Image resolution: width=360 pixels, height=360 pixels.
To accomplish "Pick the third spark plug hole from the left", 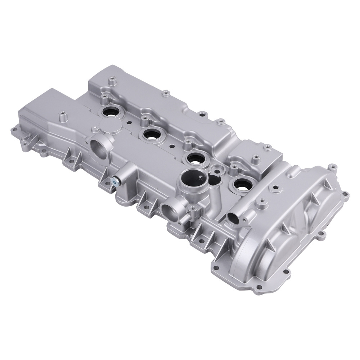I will (x=196, y=158).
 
